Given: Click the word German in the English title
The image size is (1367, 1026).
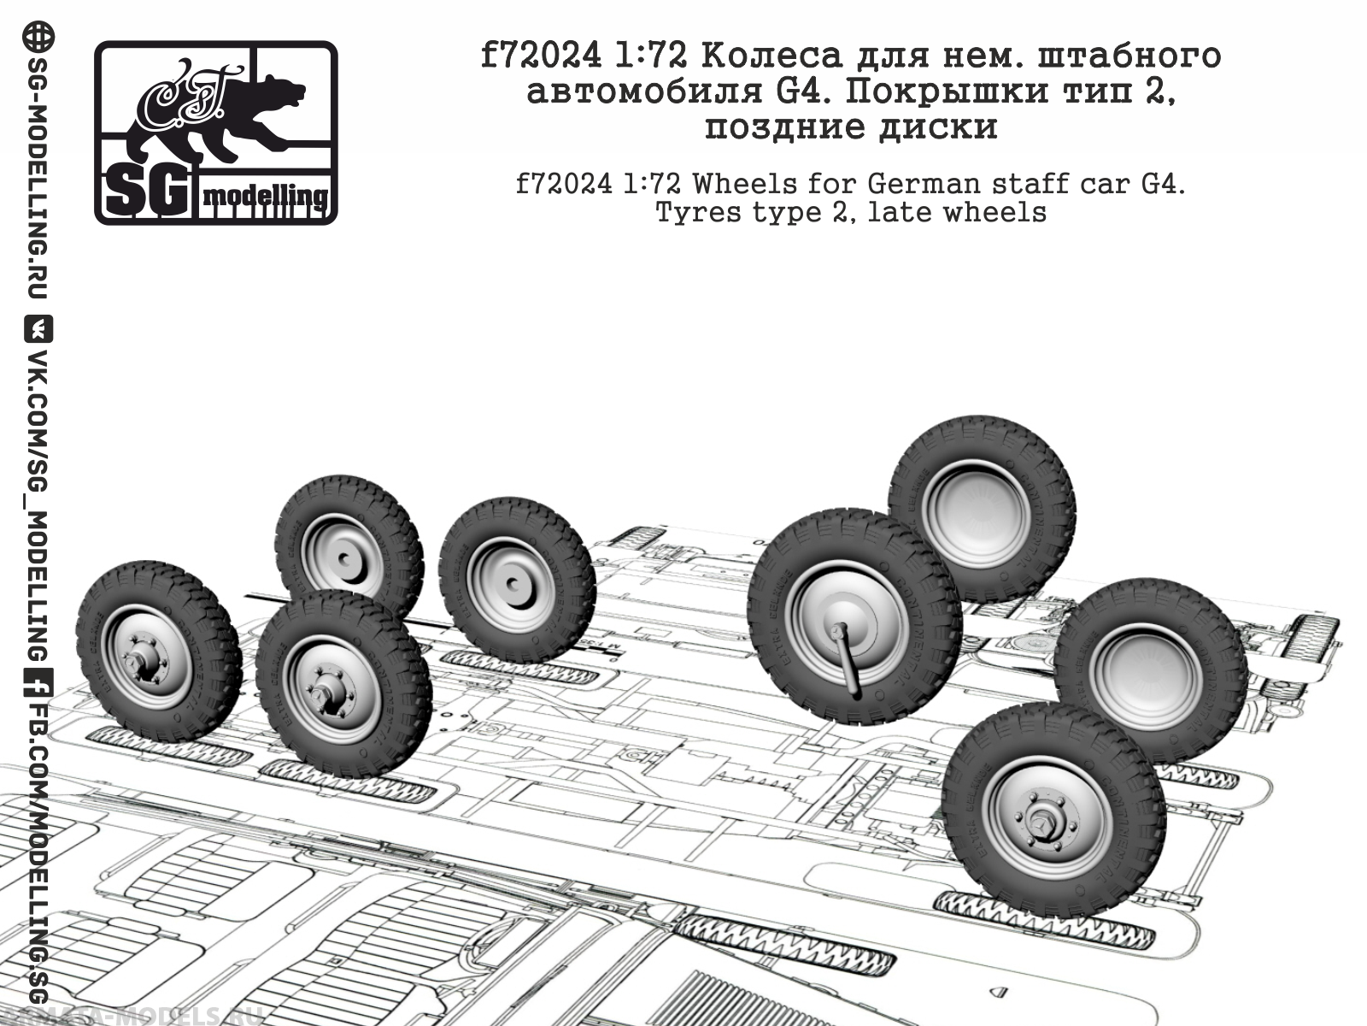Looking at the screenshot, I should (919, 184).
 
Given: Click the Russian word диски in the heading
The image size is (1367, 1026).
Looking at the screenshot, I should (953, 127).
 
